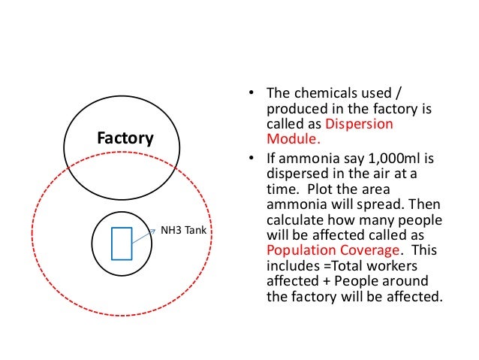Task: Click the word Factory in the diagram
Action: coord(126,138)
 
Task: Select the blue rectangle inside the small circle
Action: coord(122,244)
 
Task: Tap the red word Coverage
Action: coord(373,250)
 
